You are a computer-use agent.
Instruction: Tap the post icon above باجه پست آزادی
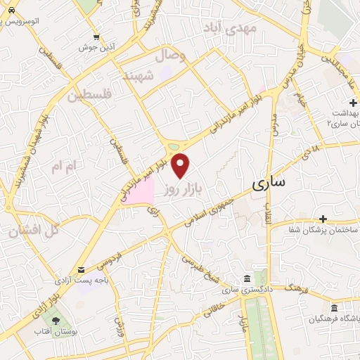pos(82,270)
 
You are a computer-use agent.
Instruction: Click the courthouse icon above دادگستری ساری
pos(245,278)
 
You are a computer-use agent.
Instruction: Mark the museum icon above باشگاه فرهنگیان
pos(334,307)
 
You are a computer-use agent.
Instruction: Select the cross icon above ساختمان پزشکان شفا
pos(323,219)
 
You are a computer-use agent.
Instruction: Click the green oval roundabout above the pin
pos(174,147)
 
